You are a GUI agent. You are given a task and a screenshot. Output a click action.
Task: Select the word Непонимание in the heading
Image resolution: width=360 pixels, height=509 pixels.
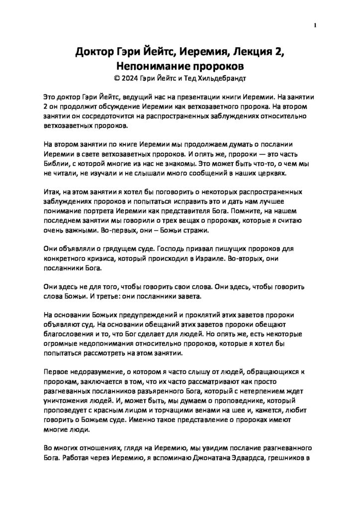(150, 66)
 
